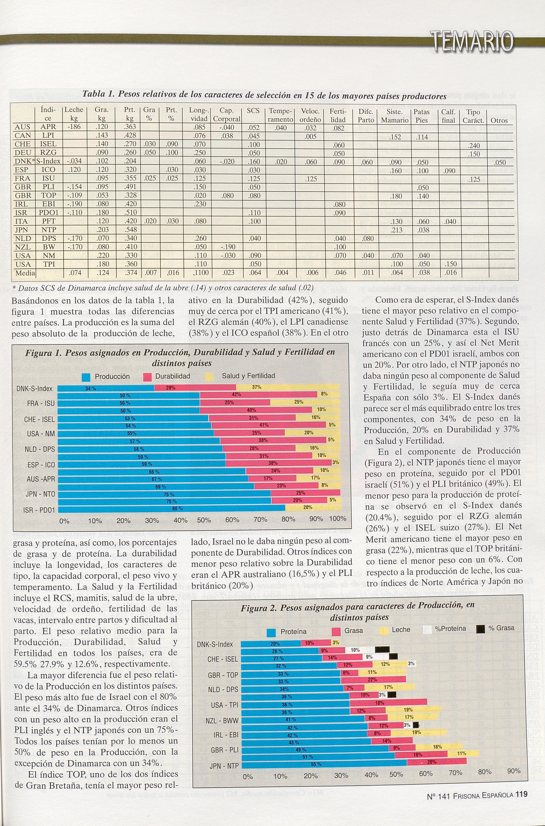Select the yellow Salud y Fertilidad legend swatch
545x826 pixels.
click(210, 377)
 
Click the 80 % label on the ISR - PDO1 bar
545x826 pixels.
click(177, 508)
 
